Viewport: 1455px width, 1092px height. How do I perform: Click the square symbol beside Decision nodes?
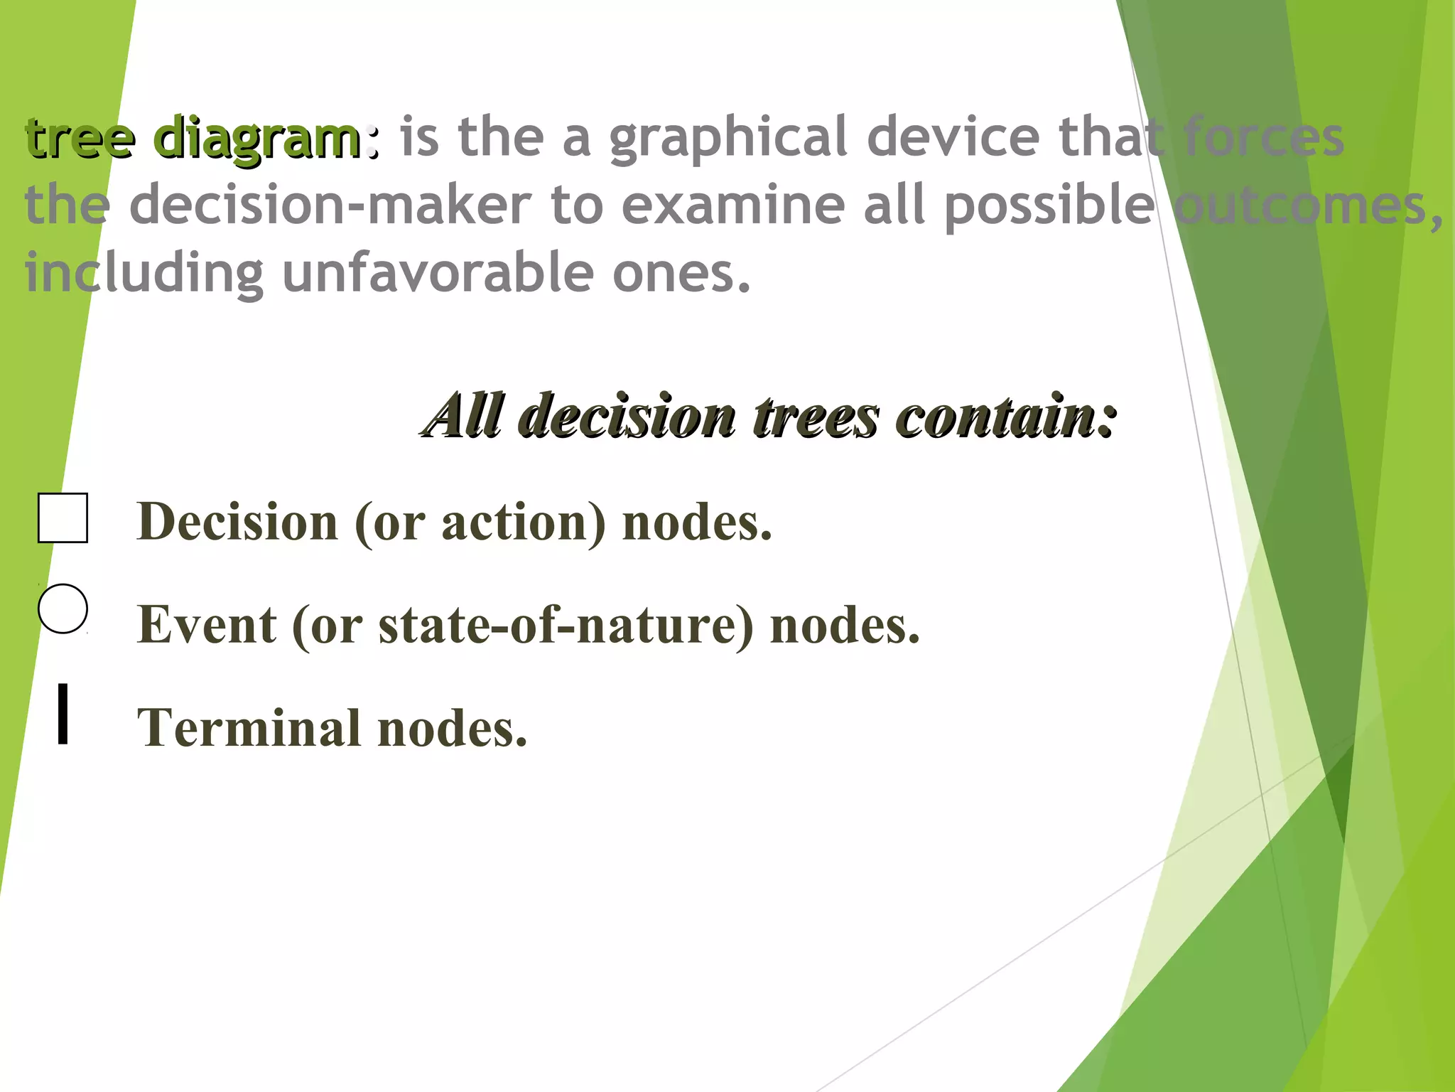coord(63,518)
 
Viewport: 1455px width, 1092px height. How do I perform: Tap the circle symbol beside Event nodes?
coord(63,609)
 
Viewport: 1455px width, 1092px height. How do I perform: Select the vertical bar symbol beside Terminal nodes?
coord(63,714)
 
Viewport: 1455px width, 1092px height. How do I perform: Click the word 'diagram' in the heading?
coord(257,139)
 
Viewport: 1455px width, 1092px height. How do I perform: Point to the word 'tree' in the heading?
coord(80,139)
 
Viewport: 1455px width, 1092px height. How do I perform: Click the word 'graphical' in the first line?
coord(728,139)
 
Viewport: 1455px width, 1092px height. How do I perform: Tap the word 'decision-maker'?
coord(330,206)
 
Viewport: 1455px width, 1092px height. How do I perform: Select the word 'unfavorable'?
coord(438,274)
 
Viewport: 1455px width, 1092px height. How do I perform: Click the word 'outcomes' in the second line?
coord(1300,206)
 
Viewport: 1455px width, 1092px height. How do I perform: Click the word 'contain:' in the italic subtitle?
coord(1005,416)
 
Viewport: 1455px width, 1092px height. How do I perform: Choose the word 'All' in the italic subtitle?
coord(465,416)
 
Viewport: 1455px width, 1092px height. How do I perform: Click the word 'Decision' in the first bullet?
coord(237,523)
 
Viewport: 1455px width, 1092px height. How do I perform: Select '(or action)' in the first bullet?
coord(480,523)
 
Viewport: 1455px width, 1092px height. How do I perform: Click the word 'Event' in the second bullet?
coord(207,626)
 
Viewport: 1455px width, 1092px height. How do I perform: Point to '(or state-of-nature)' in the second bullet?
coord(523,626)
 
